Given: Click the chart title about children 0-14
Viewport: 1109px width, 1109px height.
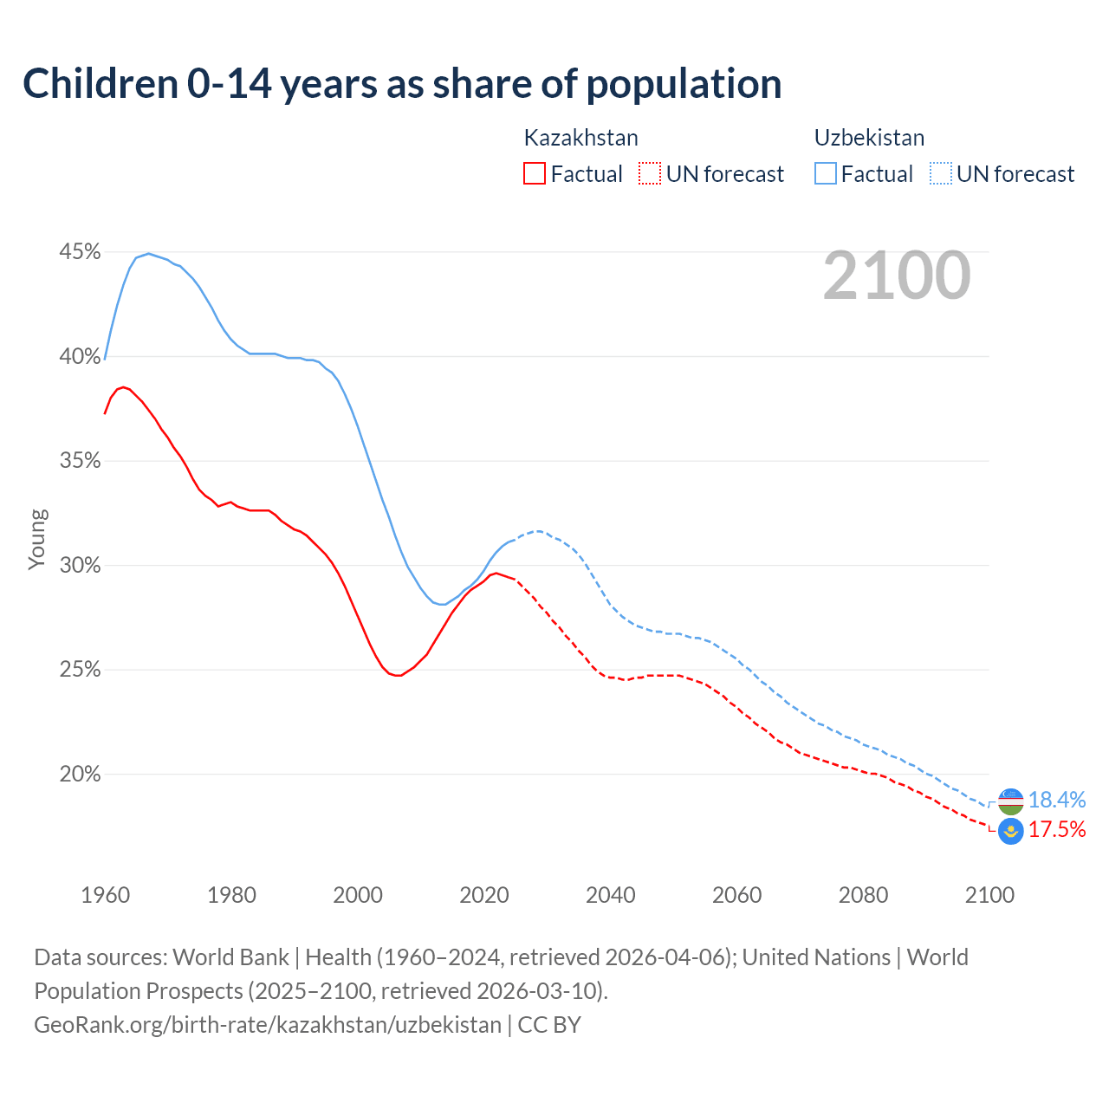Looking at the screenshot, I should (402, 84).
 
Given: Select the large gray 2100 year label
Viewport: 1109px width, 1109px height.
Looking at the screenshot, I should (896, 276).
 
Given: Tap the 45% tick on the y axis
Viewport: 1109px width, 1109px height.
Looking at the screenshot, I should (80, 252).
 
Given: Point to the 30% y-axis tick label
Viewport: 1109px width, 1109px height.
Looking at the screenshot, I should (80, 566).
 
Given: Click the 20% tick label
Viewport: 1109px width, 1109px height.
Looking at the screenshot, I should (80, 775).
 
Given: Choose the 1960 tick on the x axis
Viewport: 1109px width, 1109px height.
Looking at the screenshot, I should (106, 895).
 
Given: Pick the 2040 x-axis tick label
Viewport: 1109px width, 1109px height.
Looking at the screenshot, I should (611, 895).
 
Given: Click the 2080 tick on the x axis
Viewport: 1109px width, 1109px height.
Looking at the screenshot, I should (863, 895).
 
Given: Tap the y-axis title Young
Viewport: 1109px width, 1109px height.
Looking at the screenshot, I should (37, 539).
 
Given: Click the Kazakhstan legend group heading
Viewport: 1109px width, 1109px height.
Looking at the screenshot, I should (580, 138).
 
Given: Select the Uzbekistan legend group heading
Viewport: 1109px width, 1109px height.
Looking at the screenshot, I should (869, 138).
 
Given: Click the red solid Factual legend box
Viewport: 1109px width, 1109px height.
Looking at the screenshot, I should (535, 174).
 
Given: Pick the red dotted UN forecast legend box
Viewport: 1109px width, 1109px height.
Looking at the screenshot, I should (650, 174).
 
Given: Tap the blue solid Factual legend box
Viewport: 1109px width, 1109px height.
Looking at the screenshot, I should (825, 174).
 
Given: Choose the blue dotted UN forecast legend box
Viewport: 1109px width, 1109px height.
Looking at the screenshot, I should (940, 174).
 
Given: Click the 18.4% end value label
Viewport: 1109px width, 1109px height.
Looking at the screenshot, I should (1056, 800).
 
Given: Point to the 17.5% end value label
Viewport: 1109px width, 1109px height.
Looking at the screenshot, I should (1056, 830).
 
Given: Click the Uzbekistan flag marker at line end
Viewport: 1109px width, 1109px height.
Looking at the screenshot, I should (1010, 801).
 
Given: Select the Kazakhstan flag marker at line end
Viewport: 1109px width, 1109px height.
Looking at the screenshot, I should (1010, 831).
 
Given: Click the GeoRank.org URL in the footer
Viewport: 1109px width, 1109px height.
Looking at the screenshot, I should (268, 1025).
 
